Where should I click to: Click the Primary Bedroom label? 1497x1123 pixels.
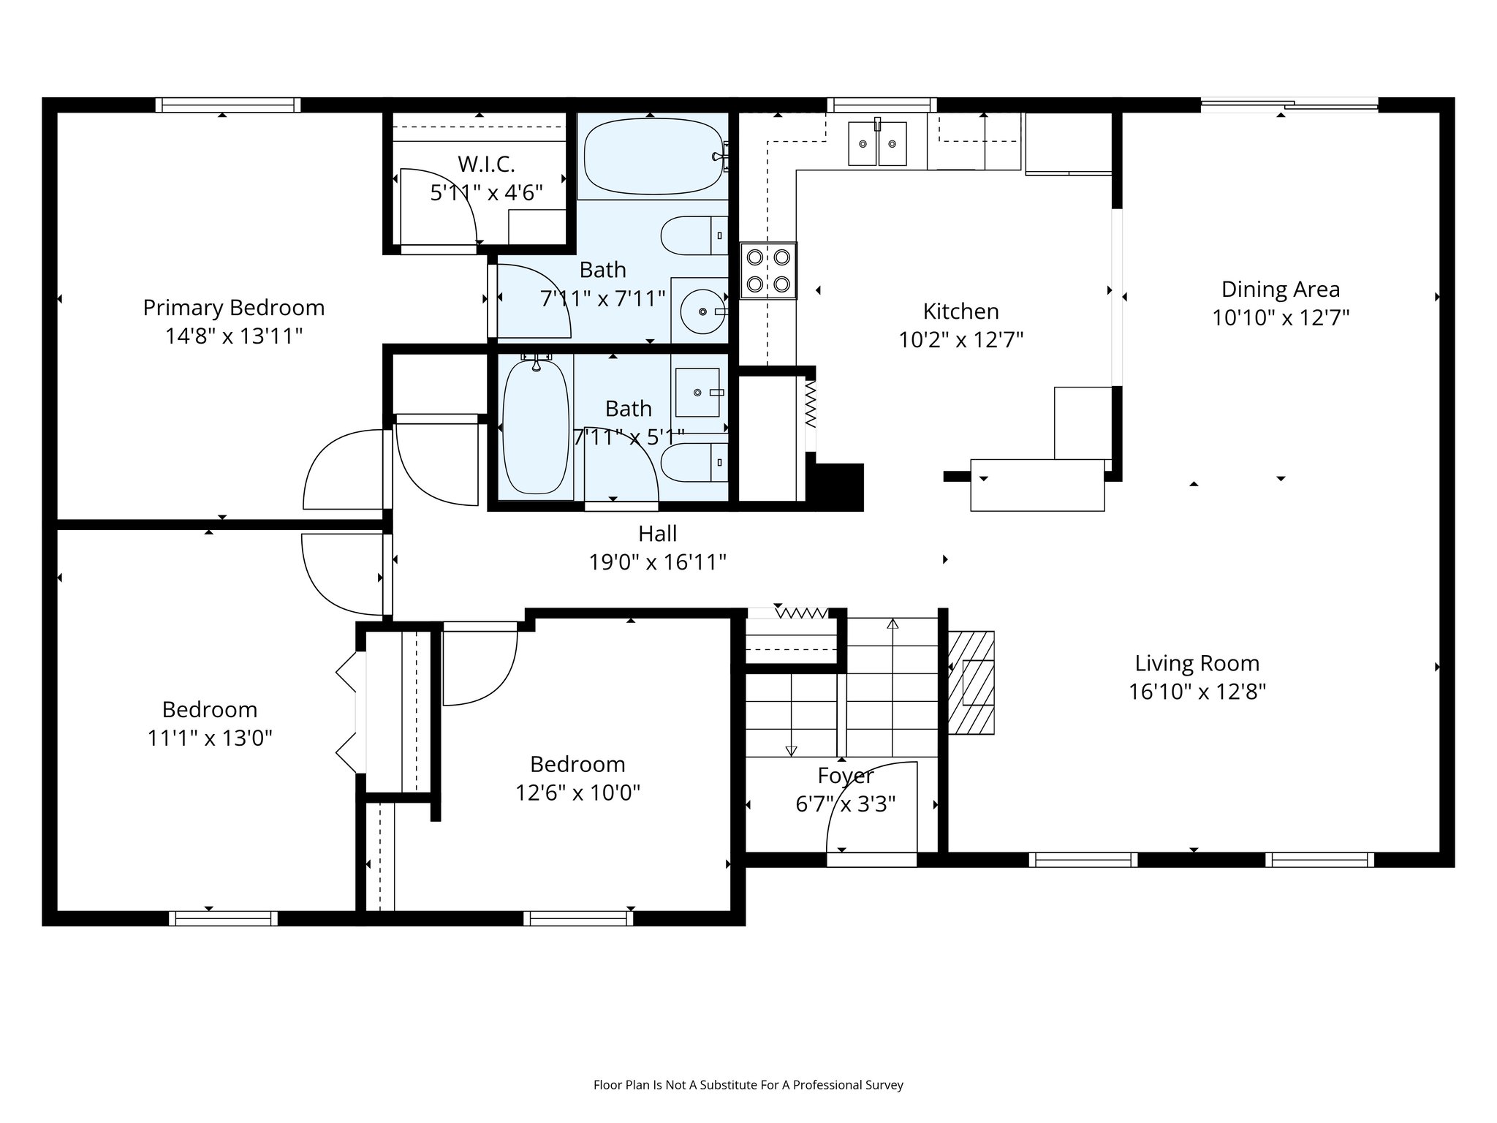234,308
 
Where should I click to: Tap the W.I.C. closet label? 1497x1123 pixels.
486,164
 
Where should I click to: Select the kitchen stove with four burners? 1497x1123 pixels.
768,271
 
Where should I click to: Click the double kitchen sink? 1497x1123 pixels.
877,143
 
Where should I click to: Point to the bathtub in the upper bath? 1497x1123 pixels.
653,157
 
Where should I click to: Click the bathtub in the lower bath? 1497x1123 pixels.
536,426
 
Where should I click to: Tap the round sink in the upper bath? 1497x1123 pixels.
703,311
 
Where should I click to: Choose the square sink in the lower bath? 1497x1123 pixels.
697,393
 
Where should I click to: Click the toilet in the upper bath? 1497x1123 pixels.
694,235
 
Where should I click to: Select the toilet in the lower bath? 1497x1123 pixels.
694,462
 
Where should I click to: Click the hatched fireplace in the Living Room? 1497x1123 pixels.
971,683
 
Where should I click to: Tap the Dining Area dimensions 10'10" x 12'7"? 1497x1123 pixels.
1281,318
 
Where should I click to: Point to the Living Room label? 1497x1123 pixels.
1197,663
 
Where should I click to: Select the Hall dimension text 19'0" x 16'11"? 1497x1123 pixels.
658,562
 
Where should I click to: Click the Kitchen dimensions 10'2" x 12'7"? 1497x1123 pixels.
961,340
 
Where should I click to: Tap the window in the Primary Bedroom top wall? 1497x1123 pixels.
228,105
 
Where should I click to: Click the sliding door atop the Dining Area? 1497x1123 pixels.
1289,105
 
